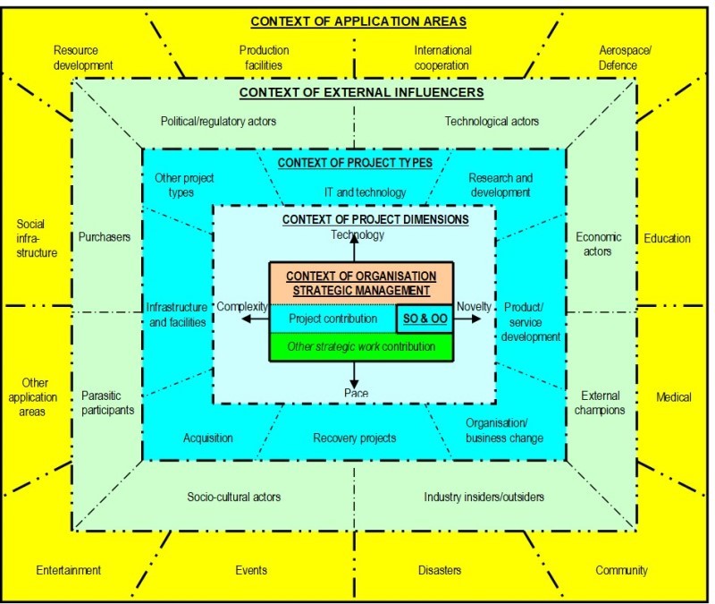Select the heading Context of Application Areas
pyautogui.click(x=357, y=21)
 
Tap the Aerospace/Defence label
pyautogui.click(x=625, y=58)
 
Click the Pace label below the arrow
pyautogui.click(x=356, y=393)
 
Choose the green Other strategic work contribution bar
pyautogui.click(x=361, y=346)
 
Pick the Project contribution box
pyautogui.click(x=332, y=318)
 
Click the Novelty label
pyautogui.click(x=474, y=306)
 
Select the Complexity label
pyautogui.click(x=242, y=306)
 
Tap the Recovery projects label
pyautogui.click(x=355, y=438)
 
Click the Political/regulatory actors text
pyautogui.click(x=219, y=121)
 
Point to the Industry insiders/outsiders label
pyautogui.click(x=484, y=497)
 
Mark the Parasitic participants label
pyautogui.click(x=107, y=403)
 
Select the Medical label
pyautogui.click(x=673, y=397)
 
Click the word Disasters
pyautogui.click(x=440, y=570)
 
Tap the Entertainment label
pyautogui.click(x=69, y=570)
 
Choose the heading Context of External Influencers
pyautogui.click(x=361, y=92)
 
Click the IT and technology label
pyautogui.click(x=365, y=192)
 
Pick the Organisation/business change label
pyautogui.click(x=504, y=430)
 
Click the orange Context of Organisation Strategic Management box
pyautogui.click(x=361, y=283)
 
